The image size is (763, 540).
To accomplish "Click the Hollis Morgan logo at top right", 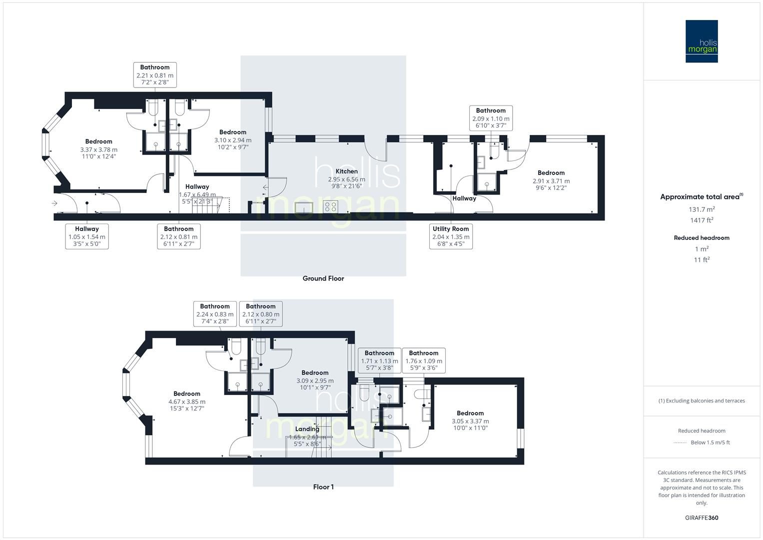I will pyautogui.click(x=701, y=41).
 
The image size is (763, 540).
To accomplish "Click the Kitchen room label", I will pyautogui.click(x=346, y=171).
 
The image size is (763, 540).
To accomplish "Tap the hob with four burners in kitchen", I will pyautogui.click(x=330, y=206).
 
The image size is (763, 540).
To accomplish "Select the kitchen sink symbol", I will pyautogui.click(x=303, y=207).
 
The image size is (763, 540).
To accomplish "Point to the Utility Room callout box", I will pyautogui.click(x=451, y=236).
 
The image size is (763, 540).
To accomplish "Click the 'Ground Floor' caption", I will pyautogui.click(x=323, y=278).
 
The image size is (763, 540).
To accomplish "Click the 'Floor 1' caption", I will pyautogui.click(x=323, y=487).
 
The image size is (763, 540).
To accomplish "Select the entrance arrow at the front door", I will pyautogui.click(x=54, y=203).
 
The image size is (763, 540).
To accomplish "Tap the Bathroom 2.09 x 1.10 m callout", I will pyautogui.click(x=491, y=118).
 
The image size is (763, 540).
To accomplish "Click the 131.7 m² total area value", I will pyautogui.click(x=702, y=209).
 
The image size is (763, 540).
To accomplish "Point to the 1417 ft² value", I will pyautogui.click(x=702, y=220).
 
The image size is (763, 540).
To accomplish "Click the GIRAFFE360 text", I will pyautogui.click(x=702, y=518).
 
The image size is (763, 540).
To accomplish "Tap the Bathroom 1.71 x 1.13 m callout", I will pyautogui.click(x=379, y=360).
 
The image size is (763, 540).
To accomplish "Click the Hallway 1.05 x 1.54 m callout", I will pyautogui.click(x=87, y=236).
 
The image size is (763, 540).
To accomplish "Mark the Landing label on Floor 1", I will pyautogui.click(x=307, y=429).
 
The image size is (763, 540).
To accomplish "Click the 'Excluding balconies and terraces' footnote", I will pyautogui.click(x=702, y=401).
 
